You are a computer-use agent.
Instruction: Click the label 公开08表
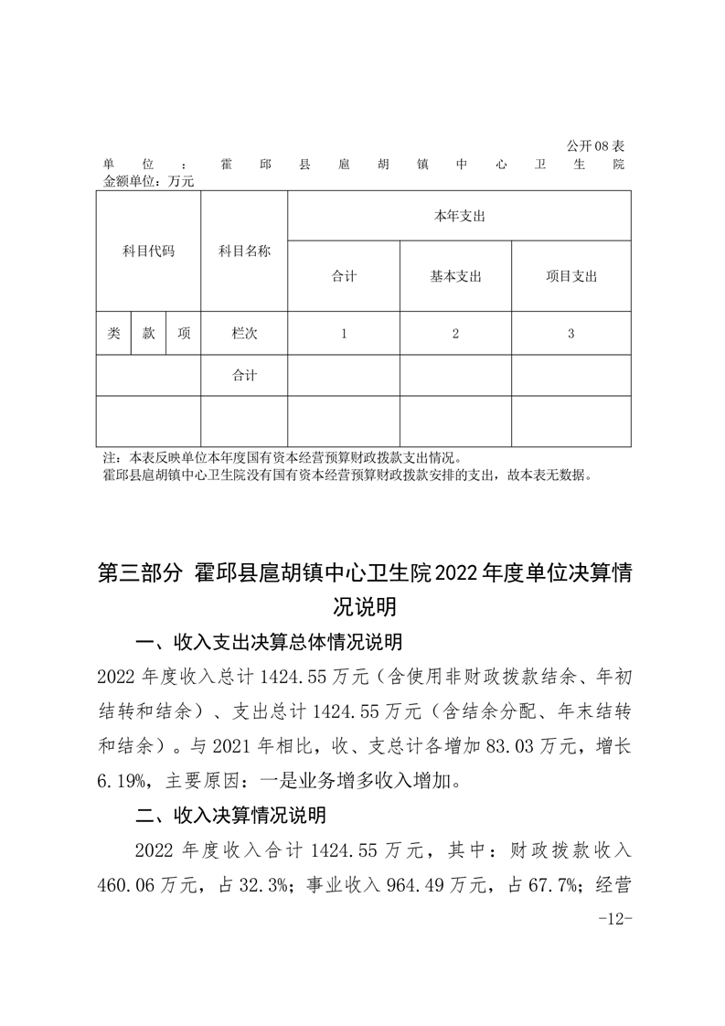tap(594, 146)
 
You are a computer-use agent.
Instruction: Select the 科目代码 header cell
tap(148, 251)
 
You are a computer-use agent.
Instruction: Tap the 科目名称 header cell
tap(244, 251)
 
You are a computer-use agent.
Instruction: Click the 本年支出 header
tap(459, 216)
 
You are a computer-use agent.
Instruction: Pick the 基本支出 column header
tap(455, 276)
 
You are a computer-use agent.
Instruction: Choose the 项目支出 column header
tap(570, 276)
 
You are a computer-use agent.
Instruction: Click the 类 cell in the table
tap(113, 334)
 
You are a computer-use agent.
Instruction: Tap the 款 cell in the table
tap(148, 334)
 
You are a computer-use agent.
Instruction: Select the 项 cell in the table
tap(183, 334)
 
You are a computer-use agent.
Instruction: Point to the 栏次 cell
tap(244, 334)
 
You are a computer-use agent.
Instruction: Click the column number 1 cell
tap(344, 334)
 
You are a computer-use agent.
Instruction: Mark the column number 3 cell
tap(570, 334)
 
